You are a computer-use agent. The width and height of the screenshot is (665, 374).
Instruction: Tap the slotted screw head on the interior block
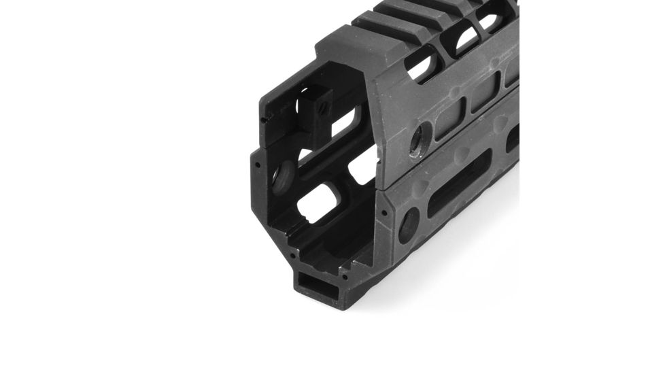click(323, 107)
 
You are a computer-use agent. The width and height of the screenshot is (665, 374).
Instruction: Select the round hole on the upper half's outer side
click(417, 139)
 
